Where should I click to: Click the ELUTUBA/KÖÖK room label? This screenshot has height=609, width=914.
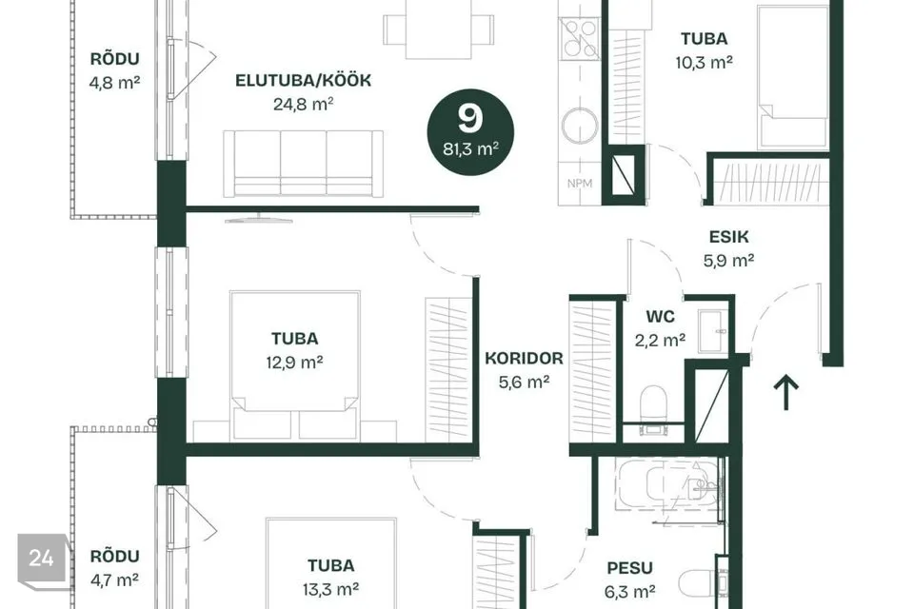303,80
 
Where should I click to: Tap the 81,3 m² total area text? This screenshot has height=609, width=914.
470,149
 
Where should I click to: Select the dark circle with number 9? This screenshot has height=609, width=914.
470,132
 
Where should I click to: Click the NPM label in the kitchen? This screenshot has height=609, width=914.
580,184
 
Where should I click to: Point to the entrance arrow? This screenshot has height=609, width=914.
785,392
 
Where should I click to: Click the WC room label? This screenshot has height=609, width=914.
660,317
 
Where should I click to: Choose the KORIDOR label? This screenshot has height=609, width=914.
524,358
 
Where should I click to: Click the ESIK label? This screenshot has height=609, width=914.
728,237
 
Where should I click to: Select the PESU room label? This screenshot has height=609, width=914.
629,568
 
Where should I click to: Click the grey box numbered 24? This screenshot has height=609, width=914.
41,559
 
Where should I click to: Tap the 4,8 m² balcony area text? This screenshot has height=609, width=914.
115,83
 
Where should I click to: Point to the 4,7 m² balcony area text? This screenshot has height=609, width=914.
114,580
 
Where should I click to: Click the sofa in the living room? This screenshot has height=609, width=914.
303,163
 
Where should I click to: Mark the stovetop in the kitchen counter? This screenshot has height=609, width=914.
580,38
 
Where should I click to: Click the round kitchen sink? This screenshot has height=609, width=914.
580,125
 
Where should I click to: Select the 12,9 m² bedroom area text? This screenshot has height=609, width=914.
295,363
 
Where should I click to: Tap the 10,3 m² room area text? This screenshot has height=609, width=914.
705,63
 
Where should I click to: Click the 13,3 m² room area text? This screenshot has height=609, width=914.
330,590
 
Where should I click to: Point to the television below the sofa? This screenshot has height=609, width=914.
258,219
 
